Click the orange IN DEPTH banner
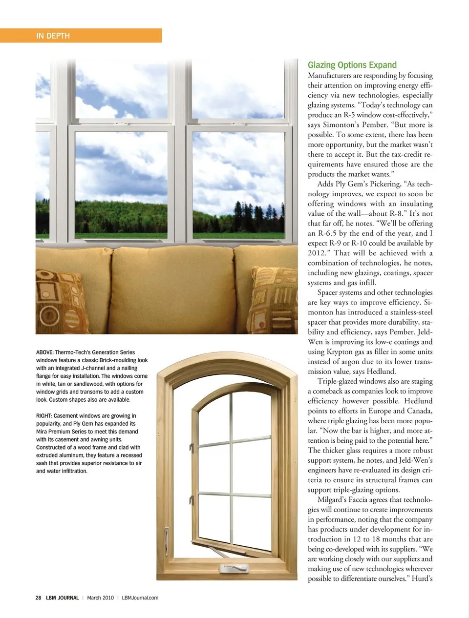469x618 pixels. tap(81, 36)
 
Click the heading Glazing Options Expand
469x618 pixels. tap(352, 65)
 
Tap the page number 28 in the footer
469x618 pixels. tap(38, 597)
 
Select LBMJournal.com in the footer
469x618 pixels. tap(140, 597)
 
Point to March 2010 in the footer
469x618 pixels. tap(100, 597)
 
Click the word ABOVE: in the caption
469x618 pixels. tap(44, 352)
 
